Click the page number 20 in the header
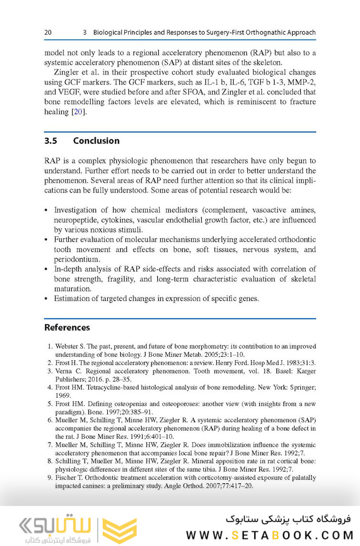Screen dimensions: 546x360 coord(48,32)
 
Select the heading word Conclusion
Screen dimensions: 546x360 coord(96,141)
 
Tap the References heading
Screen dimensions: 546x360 coord(67,327)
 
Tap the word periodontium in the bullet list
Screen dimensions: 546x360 coord(76,260)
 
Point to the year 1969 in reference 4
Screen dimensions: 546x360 coord(63,395)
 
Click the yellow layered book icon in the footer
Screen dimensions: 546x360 coord(119,530)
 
